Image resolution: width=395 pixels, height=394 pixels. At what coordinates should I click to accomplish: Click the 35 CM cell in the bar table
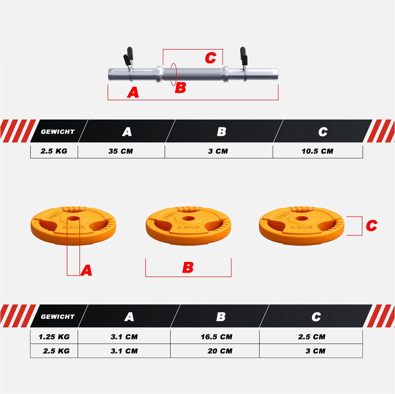121,151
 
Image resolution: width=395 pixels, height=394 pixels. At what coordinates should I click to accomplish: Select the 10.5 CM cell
318,151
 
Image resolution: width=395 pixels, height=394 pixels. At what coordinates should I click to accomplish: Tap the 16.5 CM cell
217,337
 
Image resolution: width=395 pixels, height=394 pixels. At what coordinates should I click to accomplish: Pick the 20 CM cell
220,351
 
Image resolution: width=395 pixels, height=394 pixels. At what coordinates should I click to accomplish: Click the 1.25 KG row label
54,337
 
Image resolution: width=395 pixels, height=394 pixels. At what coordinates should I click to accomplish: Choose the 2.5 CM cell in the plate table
312,337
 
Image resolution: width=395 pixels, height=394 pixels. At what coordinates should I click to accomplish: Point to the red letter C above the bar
211,58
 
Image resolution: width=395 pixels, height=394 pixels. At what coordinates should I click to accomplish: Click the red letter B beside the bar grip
180,88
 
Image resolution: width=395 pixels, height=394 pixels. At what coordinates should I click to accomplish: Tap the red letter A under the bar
133,92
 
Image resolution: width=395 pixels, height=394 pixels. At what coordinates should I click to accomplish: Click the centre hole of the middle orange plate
188,219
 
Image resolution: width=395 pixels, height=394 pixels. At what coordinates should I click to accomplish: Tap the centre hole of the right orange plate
301,219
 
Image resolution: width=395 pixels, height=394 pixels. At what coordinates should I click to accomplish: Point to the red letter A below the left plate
86,270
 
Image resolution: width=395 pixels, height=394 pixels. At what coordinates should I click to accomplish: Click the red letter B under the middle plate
188,267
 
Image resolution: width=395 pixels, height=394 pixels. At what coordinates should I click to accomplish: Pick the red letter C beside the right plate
371,226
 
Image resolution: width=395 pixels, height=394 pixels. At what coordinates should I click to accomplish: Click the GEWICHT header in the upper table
58,131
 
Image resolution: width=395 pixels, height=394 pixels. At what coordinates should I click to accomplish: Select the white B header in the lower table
221,317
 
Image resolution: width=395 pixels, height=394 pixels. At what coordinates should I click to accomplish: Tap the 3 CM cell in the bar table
218,151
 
